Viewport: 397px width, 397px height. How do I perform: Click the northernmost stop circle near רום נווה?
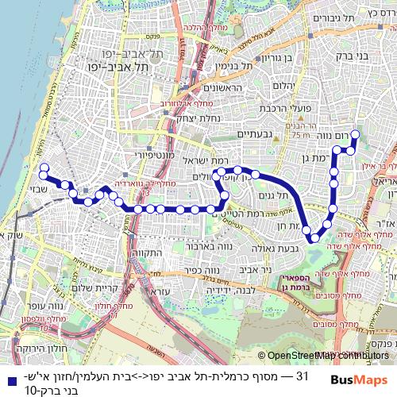tap(355, 135)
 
